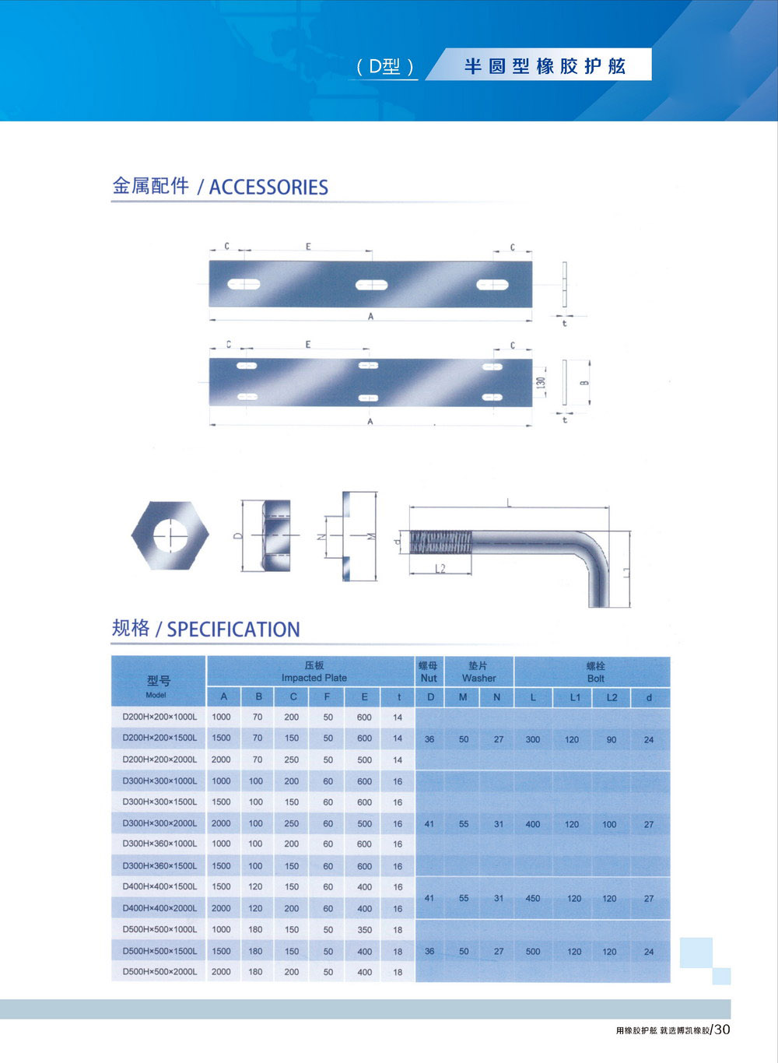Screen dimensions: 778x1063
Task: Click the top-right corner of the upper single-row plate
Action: click(532, 261)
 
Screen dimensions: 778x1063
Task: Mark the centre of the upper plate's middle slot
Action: click(371, 285)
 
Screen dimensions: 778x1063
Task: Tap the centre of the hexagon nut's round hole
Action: click(170, 535)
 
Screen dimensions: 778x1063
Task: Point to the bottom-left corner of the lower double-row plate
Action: click(210, 405)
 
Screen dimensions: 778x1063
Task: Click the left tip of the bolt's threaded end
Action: click(410, 542)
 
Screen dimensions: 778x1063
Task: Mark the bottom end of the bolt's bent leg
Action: click(599, 606)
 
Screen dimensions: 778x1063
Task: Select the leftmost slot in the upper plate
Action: click(244, 284)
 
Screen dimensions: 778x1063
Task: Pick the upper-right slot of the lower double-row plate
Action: click(492, 367)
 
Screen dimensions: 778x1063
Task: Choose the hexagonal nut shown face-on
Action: click(170, 535)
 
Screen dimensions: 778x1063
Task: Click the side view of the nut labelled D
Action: click(275, 535)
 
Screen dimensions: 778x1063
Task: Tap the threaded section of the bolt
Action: click(440, 542)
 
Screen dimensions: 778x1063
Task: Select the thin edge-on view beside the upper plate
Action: click(565, 284)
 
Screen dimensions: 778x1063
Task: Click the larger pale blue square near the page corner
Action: click(696, 953)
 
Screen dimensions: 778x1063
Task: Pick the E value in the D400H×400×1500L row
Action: click(364, 886)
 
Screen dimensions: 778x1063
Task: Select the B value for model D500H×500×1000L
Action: click(255, 929)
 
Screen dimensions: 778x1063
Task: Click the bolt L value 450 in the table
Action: click(533, 898)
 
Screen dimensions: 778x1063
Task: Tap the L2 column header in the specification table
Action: click(612, 697)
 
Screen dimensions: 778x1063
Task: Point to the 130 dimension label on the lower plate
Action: click(541, 382)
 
